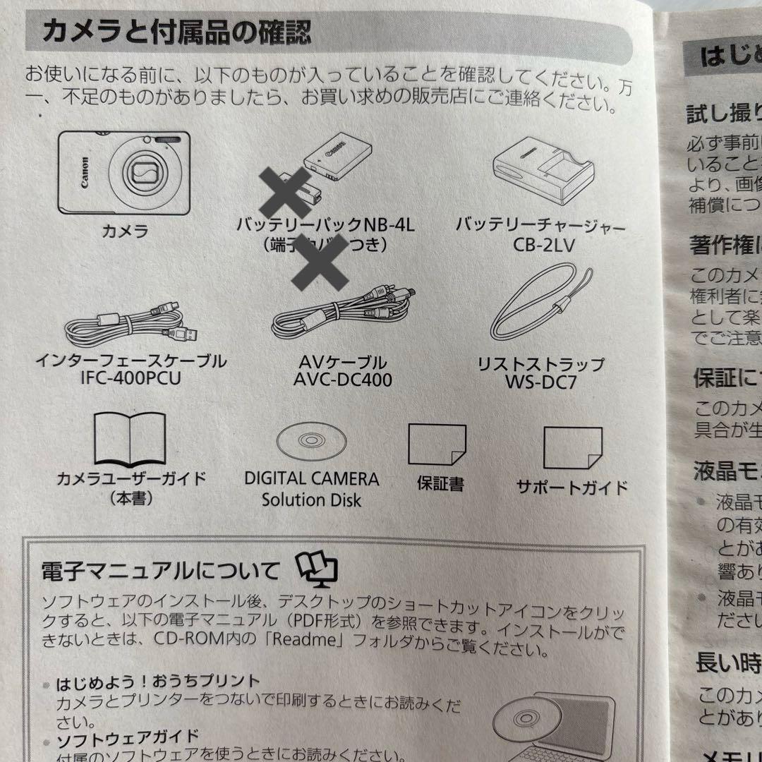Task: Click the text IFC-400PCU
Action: coord(131,379)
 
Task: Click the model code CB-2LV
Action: coord(540,248)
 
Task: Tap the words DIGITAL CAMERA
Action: coord(311,479)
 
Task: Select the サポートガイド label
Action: coord(571,487)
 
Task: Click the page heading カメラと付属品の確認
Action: coord(177,32)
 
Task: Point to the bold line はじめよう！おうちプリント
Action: coord(158,682)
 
